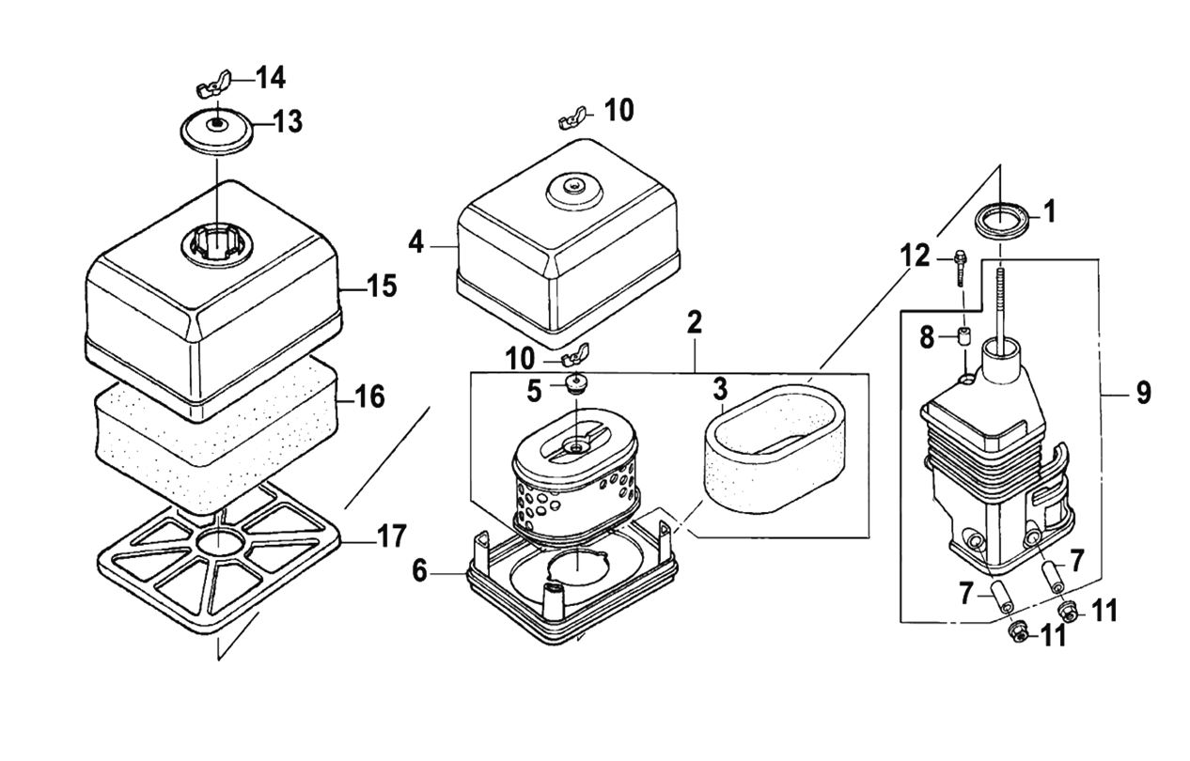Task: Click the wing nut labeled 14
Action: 213,89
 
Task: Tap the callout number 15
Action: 382,286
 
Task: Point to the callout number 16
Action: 369,396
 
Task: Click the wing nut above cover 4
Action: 572,117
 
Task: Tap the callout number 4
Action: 416,243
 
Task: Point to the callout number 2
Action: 695,323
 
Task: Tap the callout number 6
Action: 419,568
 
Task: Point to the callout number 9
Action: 1142,392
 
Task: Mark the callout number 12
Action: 914,255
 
